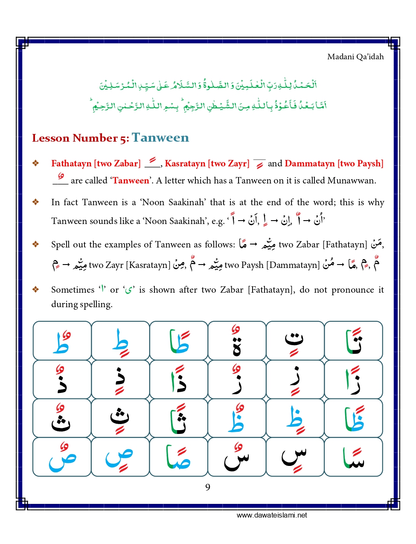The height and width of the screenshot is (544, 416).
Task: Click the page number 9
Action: [207, 487]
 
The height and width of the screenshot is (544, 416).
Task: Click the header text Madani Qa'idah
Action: [355, 57]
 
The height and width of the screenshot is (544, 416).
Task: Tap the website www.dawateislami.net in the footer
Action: [272, 515]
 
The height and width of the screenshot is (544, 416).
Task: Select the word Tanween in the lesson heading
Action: [160, 138]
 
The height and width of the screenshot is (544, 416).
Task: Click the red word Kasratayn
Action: [185, 163]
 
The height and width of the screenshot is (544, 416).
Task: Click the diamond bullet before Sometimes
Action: [36, 290]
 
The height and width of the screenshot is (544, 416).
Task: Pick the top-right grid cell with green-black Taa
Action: [353, 340]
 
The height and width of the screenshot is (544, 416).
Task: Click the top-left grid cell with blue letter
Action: [62, 340]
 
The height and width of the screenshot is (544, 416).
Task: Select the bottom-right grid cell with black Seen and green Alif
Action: [353, 457]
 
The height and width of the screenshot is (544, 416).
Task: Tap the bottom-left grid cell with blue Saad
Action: [62, 457]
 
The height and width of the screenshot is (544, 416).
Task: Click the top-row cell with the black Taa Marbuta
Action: [237, 340]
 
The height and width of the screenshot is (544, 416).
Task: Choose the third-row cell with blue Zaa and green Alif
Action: [353, 418]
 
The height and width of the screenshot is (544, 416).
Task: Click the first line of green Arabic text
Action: [208, 85]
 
